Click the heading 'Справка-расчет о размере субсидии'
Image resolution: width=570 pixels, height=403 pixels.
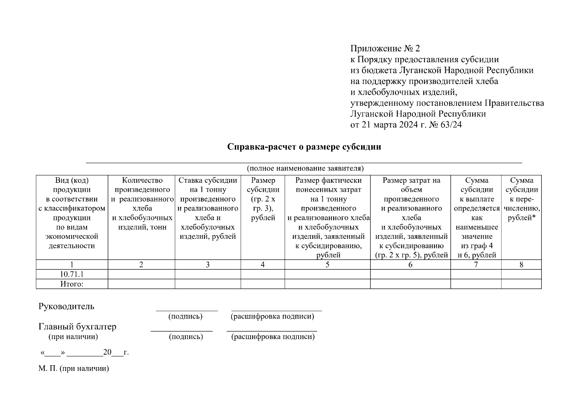pos(304,147)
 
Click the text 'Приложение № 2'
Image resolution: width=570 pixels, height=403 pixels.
pos(385,49)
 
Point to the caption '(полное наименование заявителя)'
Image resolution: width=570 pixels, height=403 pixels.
pos(305,168)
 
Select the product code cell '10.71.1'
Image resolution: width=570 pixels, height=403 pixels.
pos(72,274)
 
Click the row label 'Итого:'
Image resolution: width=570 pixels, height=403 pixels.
pos(72,284)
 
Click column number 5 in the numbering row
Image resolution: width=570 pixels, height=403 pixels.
pos(327,265)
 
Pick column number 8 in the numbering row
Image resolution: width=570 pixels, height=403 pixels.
pos(521,265)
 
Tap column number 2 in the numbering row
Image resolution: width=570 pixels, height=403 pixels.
pos(141,265)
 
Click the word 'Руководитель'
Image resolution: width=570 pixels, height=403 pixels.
pos(67,306)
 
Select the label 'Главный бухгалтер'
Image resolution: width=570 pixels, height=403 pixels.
pos(78,326)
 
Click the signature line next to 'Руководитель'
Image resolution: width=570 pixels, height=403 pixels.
pos(186,310)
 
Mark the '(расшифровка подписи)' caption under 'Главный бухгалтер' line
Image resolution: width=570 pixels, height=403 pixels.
pos(273,337)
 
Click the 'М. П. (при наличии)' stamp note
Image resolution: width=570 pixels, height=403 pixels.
pos(74,368)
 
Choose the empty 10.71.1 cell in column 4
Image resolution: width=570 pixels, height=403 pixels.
pos(263,274)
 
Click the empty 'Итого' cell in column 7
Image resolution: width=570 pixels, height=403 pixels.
pos(476,284)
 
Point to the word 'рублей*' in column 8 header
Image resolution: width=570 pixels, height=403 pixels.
pos(521,218)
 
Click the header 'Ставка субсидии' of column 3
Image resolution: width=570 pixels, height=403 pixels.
pos(208,180)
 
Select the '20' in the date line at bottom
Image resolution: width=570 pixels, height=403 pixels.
pos(107,352)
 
